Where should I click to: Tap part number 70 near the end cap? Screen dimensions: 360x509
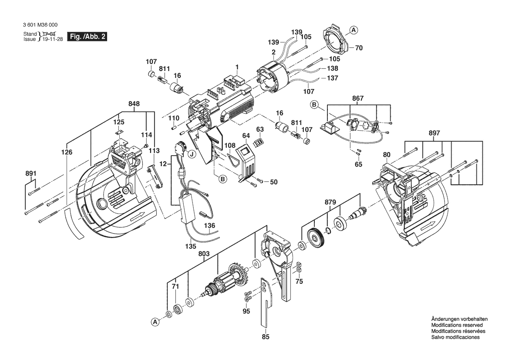(359, 48)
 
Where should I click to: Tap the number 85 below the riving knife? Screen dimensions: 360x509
(266, 336)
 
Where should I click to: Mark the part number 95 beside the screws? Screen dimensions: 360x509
(246, 311)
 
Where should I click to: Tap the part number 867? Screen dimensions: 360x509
(358, 98)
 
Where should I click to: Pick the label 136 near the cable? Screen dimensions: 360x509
(210, 226)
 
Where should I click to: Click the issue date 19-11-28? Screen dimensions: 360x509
(52, 39)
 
